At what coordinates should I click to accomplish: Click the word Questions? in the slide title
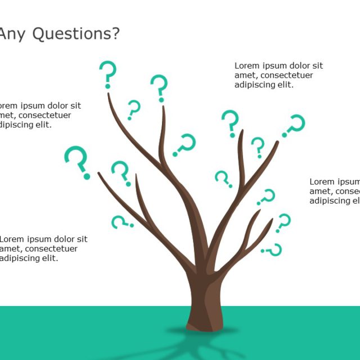tap(76, 34)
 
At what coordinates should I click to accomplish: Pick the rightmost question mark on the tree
tap(293, 125)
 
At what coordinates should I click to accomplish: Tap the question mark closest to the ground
tap(273, 249)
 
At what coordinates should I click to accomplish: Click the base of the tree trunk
tap(204, 325)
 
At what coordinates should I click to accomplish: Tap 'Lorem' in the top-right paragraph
tap(246, 66)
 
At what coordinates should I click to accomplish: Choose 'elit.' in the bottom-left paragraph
tap(48, 258)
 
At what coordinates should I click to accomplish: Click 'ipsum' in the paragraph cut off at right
tap(349, 182)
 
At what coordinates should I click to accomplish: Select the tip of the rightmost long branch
tap(277, 142)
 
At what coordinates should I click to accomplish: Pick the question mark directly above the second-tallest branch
tap(159, 88)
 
